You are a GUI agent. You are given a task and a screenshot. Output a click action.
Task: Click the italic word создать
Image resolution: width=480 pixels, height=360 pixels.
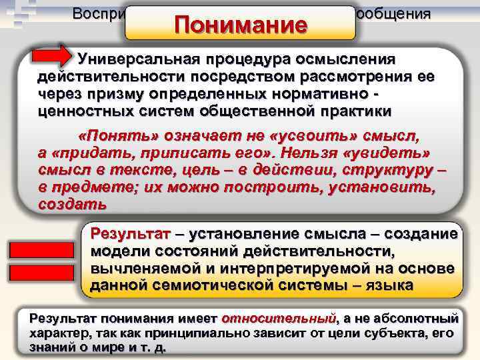pyautogui.click(x=63, y=203)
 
